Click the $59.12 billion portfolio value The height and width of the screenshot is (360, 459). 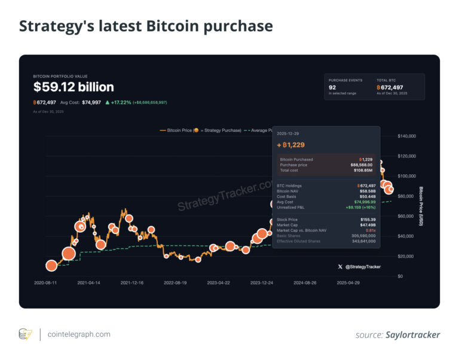(74, 87)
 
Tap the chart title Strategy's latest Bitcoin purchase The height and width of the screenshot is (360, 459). (146, 26)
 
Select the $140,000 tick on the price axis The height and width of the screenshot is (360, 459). (408, 136)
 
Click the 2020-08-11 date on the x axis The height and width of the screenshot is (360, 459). (46, 283)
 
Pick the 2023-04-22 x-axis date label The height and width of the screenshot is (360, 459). (219, 283)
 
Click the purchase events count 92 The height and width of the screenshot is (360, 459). (332, 87)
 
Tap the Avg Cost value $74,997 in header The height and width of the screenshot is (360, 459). (92, 103)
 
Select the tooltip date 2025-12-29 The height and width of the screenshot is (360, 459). (289, 134)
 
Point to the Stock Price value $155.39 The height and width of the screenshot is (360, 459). (367, 220)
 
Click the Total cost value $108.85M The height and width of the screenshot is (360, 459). (365, 170)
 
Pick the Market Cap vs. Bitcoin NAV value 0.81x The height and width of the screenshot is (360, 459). (371, 230)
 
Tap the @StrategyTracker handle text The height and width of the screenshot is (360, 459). (363, 267)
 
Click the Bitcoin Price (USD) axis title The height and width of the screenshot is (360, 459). (421, 207)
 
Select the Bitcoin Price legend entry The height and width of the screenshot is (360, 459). (200, 130)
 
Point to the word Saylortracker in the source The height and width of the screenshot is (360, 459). (413, 335)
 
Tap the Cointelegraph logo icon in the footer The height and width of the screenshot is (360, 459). (25, 334)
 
